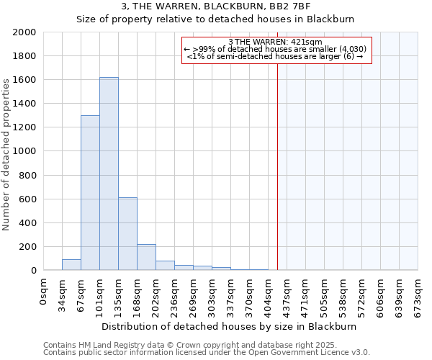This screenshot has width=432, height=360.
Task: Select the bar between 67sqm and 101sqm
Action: point(90,193)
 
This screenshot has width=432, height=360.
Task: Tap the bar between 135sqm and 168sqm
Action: point(127,233)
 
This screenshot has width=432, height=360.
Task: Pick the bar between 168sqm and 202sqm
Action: point(146,257)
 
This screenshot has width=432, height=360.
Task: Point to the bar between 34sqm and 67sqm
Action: point(71,264)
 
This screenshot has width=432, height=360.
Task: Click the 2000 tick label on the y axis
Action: point(24,32)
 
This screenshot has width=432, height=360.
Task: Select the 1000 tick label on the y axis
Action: point(24,151)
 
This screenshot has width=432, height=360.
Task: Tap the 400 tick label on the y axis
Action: point(27,223)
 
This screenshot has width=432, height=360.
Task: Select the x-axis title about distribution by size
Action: point(229,326)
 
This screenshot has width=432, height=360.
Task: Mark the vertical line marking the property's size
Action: point(277,166)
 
